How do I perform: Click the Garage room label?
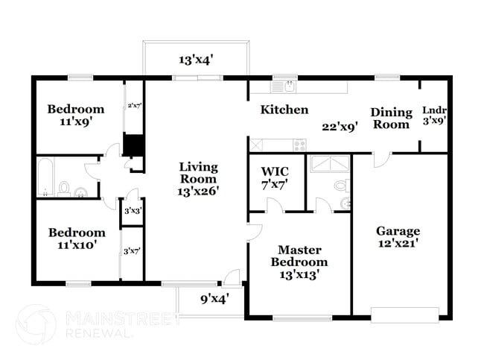pyautogui.click(x=398, y=231)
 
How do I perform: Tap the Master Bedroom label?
pyautogui.click(x=299, y=256)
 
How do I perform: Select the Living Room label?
pyautogui.click(x=198, y=172)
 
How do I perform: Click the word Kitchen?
pyautogui.click(x=284, y=110)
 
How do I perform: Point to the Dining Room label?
pyautogui.click(x=392, y=118)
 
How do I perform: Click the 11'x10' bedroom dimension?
pyautogui.click(x=76, y=244)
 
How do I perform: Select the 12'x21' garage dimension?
pyautogui.click(x=398, y=244)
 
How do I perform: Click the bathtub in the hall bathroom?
pyautogui.click(x=44, y=177)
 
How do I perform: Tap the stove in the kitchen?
pyautogui.click(x=299, y=145)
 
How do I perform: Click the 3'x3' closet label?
pyautogui.click(x=133, y=212)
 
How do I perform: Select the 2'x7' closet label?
pyautogui.click(x=134, y=105)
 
